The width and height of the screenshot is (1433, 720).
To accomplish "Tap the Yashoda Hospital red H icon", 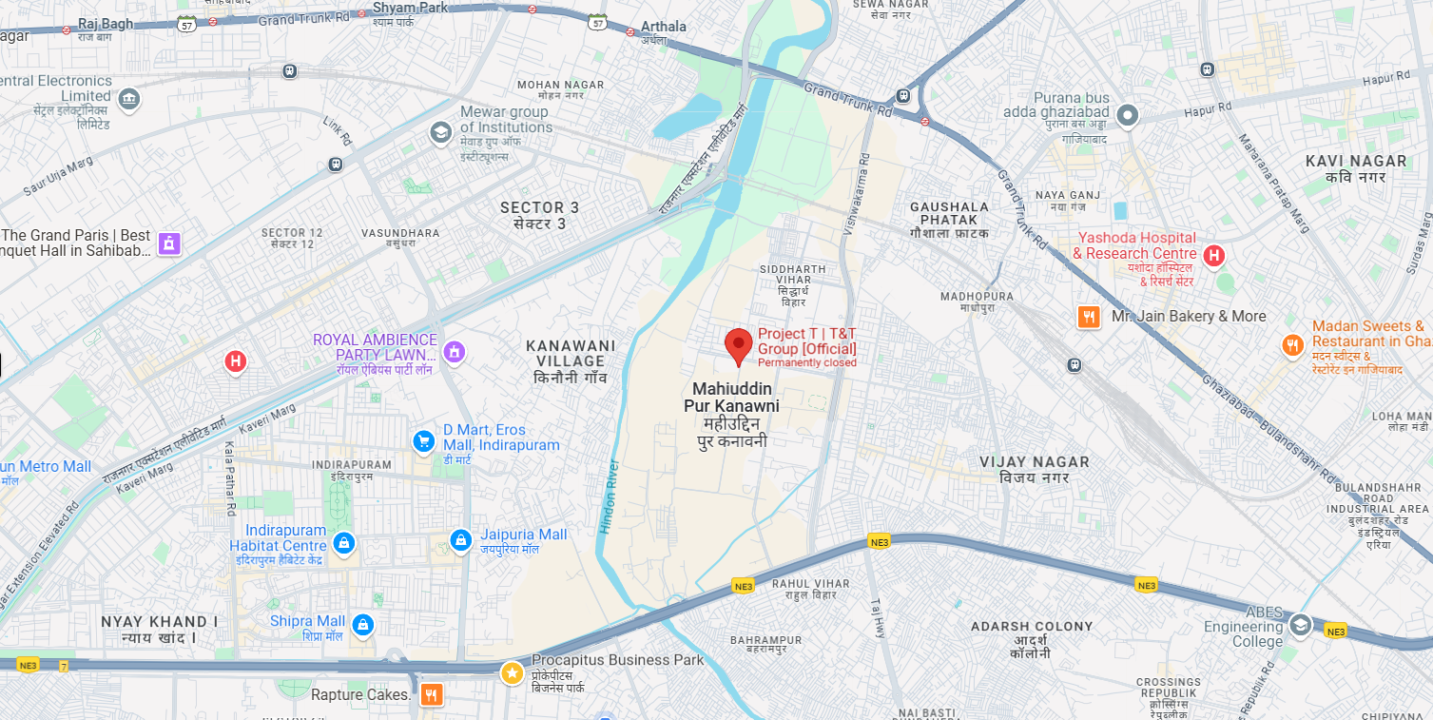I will pos(1213,255).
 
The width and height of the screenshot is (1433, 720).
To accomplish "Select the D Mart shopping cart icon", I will pos(424,441).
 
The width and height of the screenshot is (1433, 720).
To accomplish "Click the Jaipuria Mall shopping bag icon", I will pos(461,540).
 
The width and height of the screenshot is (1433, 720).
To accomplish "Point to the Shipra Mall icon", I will pos(362,625).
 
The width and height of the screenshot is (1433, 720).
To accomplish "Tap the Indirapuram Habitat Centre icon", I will pos(344,543).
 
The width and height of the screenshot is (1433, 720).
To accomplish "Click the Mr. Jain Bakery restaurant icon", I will pos(1089,317).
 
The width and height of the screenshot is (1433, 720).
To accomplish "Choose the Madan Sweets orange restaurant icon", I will pos(1292,345).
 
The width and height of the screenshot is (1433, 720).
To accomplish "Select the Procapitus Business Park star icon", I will pos(513,673).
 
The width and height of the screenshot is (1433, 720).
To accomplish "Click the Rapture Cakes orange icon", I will pos(432,695).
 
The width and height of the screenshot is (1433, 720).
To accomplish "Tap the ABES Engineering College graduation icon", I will pos(1300,625).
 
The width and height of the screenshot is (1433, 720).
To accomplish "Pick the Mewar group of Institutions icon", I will pos(440,132).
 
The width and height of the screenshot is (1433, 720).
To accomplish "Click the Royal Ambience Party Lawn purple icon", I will pos(455,352).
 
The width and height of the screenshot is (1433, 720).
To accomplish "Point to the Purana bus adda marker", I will pos(1128,116).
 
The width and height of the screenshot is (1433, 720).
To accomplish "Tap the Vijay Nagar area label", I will pos(1035,469).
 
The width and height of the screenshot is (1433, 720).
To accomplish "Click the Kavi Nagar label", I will pos(1345,169).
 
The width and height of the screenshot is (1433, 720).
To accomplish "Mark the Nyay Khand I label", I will pos(160,630).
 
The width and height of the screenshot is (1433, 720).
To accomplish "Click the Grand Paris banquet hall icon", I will pos(169,243).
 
